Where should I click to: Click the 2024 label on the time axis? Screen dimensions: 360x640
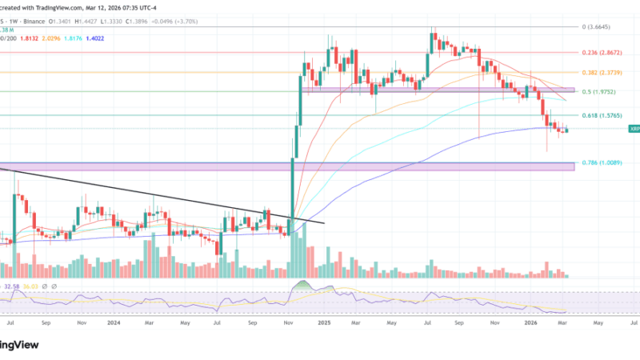pos(114,323)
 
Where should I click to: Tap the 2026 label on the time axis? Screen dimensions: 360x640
pos(530,323)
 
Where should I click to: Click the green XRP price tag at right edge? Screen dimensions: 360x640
pos(634,128)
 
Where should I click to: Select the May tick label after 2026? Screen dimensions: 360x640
pos(598,323)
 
